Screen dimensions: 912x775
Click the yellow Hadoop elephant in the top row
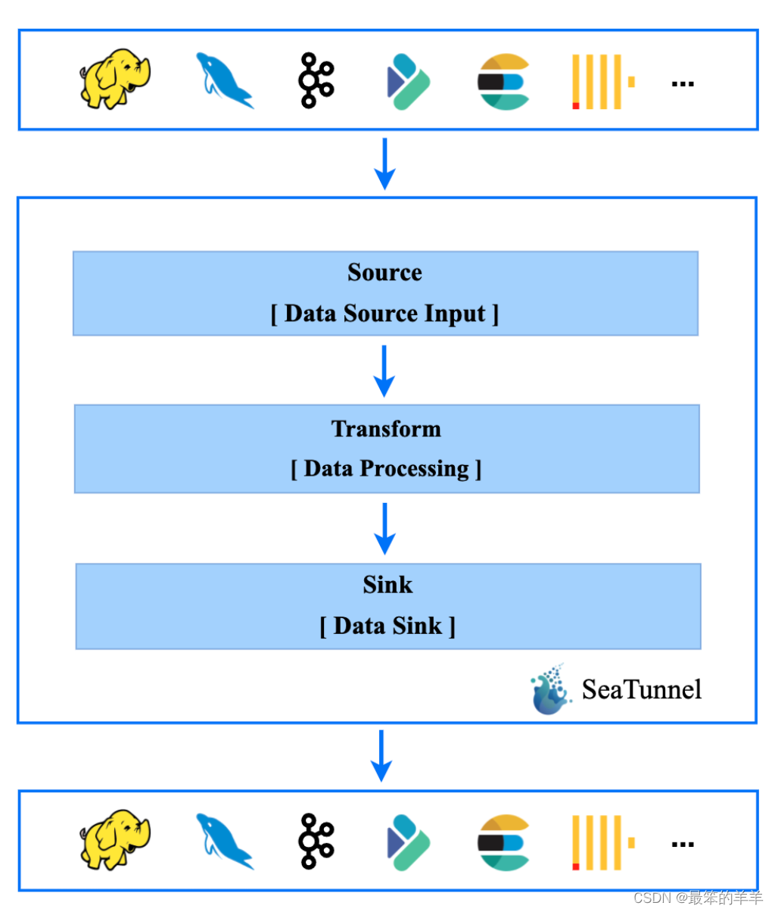[115, 80]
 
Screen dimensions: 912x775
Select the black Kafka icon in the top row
[315, 80]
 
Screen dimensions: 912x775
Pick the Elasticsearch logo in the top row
[503, 81]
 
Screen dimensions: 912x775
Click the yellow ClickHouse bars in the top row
[602, 81]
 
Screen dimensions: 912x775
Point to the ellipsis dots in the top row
[683, 83]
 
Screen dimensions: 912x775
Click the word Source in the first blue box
[384, 272]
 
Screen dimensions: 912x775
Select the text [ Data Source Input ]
[384, 313]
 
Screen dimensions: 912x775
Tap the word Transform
[386, 429]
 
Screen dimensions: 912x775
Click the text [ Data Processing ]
[386, 468]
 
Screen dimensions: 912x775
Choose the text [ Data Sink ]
[387, 626]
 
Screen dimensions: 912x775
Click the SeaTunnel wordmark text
[641, 689]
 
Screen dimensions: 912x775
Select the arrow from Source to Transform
[384, 370]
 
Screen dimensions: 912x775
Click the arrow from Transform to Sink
[385, 528]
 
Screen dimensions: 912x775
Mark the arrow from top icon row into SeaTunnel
[384, 163]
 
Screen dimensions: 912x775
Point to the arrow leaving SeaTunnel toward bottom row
[381, 755]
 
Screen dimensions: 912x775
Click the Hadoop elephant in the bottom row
[115, 839]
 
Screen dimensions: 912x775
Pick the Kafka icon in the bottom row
[315, 841]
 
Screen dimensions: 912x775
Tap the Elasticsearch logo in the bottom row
[503, 842]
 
